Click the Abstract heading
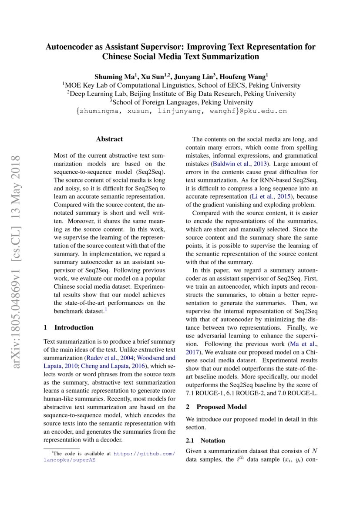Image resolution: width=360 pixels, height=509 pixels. click(x=109, y=139)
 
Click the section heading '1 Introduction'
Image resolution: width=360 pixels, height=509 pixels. click(x=69, y=327)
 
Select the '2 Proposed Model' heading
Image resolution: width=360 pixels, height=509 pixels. click(x=216, y=407)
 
